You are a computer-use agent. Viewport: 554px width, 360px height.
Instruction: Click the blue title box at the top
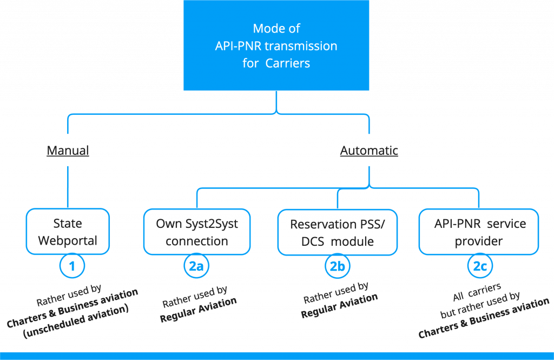[276, 45]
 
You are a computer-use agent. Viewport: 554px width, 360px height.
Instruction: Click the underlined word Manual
[68, 150]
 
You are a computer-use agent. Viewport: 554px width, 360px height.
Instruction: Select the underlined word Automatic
[369, 150]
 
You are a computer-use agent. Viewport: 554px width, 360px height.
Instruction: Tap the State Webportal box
[68, 231]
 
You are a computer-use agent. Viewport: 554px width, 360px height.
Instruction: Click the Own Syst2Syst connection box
[197, 232]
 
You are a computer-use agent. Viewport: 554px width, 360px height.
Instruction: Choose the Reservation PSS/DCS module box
[338, 232]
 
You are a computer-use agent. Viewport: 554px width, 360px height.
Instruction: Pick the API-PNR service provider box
[479, 232]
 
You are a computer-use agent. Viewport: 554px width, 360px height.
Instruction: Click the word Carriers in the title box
[288, 63]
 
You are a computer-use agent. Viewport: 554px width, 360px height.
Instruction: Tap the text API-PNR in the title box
[235, 46]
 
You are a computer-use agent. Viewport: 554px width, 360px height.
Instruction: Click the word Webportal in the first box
[68, 240]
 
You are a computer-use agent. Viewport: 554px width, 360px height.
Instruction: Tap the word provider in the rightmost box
[479, 241]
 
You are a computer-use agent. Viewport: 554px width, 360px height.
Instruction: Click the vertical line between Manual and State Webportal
[68, 187]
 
